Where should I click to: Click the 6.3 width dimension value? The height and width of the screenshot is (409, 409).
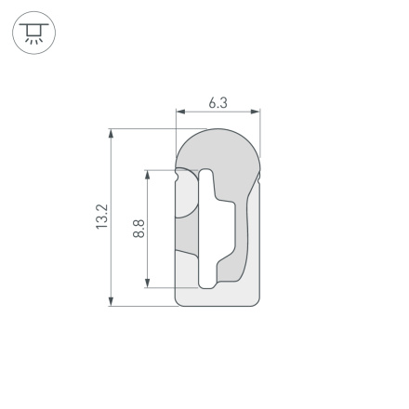click(217, 102)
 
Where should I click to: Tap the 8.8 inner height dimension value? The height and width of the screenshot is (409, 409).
click(139, 229)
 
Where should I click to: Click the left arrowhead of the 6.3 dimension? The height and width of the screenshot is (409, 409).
click(179, 112)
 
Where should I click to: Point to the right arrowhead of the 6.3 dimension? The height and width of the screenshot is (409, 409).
click(257, 112)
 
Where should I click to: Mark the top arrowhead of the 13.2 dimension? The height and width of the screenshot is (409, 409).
click(112, 133)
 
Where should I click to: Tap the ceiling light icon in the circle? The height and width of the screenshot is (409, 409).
click(33, 33)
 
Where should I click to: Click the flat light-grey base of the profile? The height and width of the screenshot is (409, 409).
click(218, 296)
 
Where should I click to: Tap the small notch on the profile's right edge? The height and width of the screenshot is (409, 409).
click(260, 175)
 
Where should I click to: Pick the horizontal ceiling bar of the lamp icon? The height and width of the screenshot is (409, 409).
click(33, 25)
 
